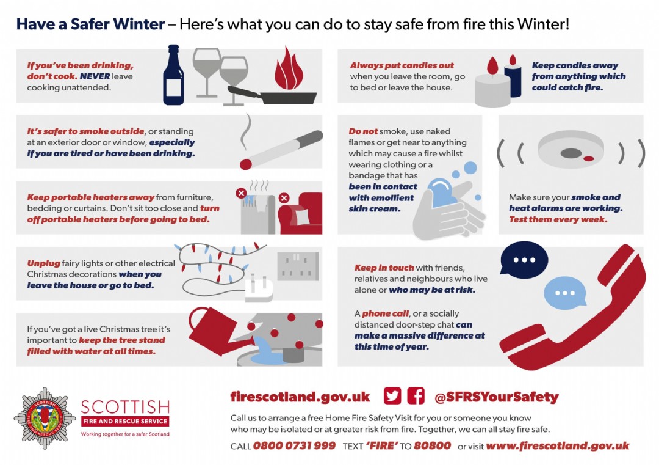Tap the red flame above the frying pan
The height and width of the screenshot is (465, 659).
click(x=289, y=70)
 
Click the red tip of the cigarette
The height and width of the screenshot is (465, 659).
click(x=246, y=164)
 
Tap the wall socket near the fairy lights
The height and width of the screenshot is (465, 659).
click(x=298, y=266)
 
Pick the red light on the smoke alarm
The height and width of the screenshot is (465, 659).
click(x=588, y=159)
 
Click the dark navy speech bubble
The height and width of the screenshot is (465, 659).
click(x=524, y=260)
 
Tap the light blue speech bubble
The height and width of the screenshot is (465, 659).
click(x=565, y=293)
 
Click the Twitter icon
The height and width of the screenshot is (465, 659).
click(x=392, y=396)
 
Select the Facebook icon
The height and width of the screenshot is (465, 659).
click(x=416, y=396)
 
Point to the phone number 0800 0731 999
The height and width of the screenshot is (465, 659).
click(x=294, y=445)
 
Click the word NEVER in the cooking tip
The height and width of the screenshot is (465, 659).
click(x=95, y=76)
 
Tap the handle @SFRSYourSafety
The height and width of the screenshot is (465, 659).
click(x=496, y=397)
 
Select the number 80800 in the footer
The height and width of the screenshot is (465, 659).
click(x=432, y=445)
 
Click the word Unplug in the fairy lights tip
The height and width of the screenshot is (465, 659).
click(x=44, y=263)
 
